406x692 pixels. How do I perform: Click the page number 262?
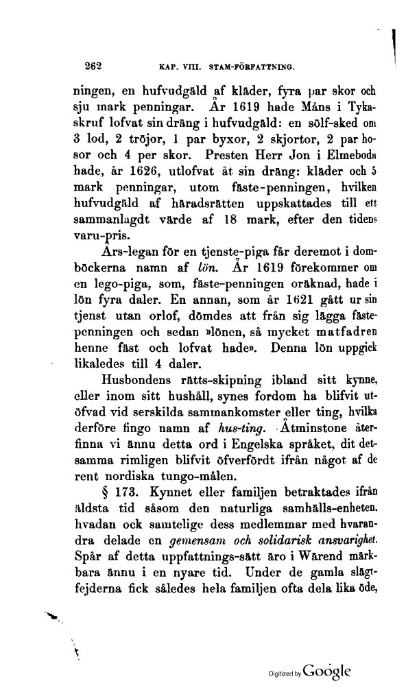click(x=93, y=67)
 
